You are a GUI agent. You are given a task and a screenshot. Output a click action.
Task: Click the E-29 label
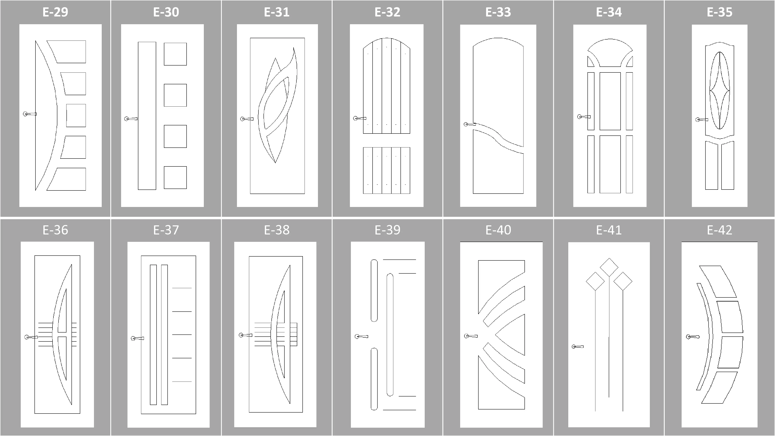click(x=55, y=12)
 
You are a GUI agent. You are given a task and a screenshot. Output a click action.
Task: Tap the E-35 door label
click(x=719, y=12)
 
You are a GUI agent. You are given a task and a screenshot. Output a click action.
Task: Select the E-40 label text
click(x=498, y=230)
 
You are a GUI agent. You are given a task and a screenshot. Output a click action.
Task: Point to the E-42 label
click(x=719, y=230)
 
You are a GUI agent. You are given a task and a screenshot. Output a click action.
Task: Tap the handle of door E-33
click(x=470, y=124)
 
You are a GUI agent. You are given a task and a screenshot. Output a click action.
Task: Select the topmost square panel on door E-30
click(x=175, y=54)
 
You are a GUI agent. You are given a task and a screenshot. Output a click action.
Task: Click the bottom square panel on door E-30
click(x=175, y=178)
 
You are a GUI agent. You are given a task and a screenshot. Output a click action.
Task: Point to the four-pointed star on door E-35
click(x=720, y=90)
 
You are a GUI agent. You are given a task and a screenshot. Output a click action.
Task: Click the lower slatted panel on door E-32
click(x=387, y=170)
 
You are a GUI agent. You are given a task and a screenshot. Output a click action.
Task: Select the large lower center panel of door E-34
click(x=610, y=164)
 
